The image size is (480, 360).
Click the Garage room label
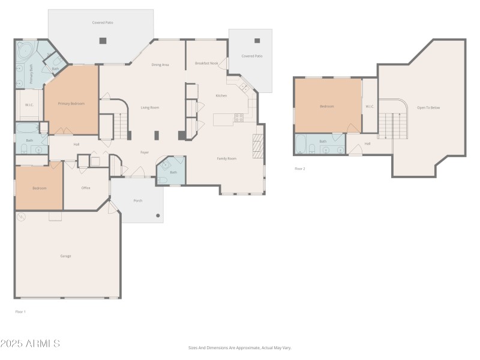point(65,256)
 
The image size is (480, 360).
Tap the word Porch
point(138,200)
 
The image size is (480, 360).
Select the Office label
point(86,188)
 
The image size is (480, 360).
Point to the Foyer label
point(145,152)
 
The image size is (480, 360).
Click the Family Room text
point(226,158)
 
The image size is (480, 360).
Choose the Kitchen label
point(221,96)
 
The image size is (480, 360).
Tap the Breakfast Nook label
point(206,63)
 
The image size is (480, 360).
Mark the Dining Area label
point(160,65)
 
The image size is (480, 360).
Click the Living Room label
point(149,107)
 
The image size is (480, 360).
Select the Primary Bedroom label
point(71,104)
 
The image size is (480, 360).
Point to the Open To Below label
point(428,107)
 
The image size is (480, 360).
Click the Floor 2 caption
point(299,169)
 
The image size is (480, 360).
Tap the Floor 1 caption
point(20,311)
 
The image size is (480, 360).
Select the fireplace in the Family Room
point(258,146)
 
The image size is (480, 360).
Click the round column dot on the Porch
point(158,215)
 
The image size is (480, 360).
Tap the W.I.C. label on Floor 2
point(370,107)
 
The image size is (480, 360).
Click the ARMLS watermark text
point(30,344)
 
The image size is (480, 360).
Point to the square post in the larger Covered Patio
point(103,41)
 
